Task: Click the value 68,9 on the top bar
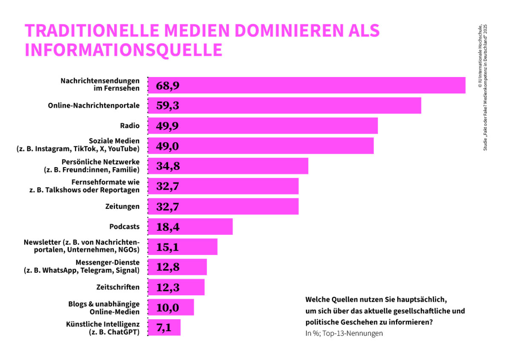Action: click(168, 86)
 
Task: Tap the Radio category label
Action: click(130, 126)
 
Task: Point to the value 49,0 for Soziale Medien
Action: click(168, 146)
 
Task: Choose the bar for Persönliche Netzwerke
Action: click(228, 166)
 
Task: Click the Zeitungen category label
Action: click(122, 206)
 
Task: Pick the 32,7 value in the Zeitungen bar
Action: click(168, 206)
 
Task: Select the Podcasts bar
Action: click(190, 226)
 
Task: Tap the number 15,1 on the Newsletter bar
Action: click(168, 247)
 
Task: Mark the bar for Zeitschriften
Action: click(176, 287)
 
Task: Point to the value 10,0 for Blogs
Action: click(168, 307)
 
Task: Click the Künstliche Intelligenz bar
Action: click(164, 328)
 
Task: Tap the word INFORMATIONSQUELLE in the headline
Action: click(123, 50)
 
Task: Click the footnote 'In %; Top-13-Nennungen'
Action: click(344, 333)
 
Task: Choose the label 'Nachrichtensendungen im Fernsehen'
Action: click(100, 85)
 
